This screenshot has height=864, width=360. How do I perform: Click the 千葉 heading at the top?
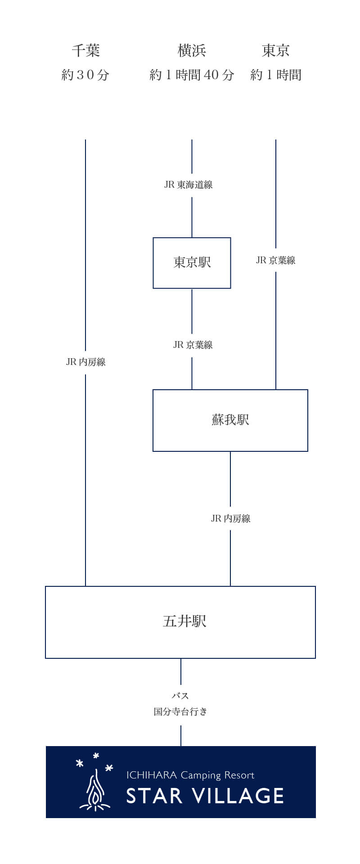[85, 50]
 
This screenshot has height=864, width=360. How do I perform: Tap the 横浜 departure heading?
[192, 50]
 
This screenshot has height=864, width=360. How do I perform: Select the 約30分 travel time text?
[85, 75]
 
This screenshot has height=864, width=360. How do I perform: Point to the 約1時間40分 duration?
[192, 75]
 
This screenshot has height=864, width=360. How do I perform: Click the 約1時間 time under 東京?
[276, 75]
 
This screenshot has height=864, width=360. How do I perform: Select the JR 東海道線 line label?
[189, 184]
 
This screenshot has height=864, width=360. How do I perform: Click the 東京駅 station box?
[192, 263]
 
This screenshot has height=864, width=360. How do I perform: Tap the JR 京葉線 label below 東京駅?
[193, 345]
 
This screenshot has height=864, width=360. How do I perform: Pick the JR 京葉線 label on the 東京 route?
[275, 260]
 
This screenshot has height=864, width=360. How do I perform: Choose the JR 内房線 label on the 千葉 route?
[85, 362]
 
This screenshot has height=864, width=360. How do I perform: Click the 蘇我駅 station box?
[230, 420]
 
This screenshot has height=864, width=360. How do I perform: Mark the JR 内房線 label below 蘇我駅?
[230, 518]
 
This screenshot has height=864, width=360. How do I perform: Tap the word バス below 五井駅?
[180, 696]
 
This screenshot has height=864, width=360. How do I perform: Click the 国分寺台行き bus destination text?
[180, 711]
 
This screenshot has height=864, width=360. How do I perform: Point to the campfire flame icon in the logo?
[95, 792]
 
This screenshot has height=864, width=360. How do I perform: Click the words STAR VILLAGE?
[205, 796]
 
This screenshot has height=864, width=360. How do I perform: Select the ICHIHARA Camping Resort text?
[190, 775]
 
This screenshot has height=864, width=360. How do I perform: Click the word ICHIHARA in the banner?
[151, 775]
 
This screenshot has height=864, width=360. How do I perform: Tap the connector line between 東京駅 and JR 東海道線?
[192, 217]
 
